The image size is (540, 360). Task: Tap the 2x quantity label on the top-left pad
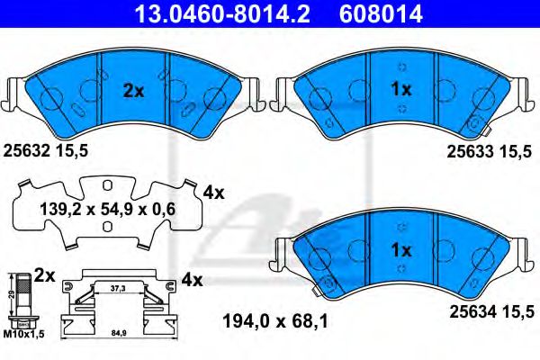click(x=133, y=90)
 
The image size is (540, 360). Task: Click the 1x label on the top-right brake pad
click(x=400, y=89)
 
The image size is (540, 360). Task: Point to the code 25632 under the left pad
click(x=27, y=152)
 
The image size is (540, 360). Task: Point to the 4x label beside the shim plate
click(x=213, y=192)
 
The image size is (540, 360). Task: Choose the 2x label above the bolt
click(x=44, y=272)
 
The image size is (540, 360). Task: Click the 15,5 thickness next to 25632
click(x=71, y=152)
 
